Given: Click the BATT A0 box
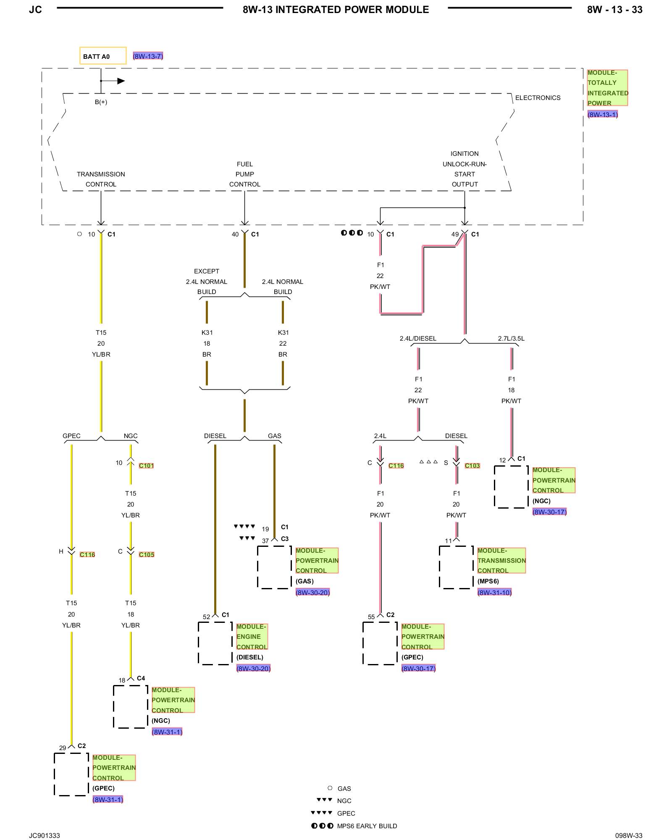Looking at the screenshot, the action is (103, 56).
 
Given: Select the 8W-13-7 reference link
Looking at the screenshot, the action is (148, 56).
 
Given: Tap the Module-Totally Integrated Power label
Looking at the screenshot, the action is (607, 88).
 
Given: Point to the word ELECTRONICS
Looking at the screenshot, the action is (538, 98).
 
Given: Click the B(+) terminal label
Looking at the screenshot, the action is (101, 102).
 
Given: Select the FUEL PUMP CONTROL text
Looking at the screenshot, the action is (245, 174).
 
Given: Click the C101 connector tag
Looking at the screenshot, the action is (146, 466).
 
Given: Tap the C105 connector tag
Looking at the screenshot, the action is (147, 555).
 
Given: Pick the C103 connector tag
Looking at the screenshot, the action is (472, 466).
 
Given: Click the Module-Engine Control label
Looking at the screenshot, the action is (252, 637).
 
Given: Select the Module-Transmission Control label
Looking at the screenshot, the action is (501, 561).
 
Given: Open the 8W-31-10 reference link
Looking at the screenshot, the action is (494, 593).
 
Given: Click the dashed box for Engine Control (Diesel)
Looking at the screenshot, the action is (215, 622).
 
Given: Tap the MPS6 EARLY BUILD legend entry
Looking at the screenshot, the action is (354, 826).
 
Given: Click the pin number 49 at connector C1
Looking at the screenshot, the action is (455, 234).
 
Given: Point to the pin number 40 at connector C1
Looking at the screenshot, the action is (235, 234).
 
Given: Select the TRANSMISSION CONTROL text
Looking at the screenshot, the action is (101, 179).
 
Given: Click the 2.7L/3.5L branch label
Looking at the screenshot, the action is (511, 339).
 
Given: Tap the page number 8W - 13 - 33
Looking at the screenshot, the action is (615, 10).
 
